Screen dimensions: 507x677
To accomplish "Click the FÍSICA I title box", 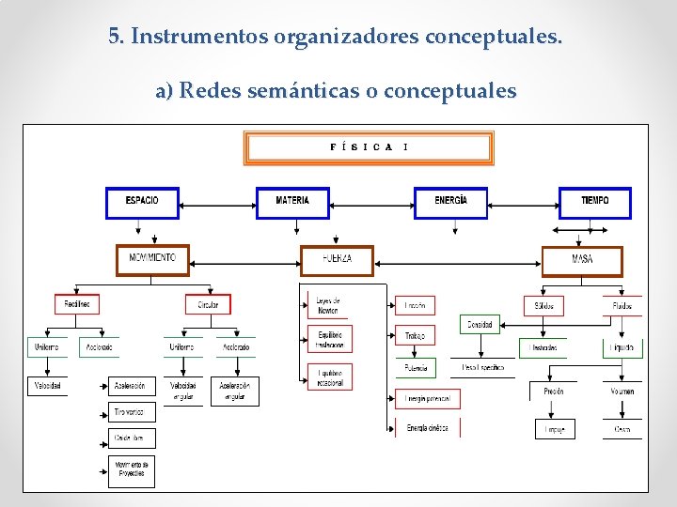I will pyautogui.click(x=369, y=148).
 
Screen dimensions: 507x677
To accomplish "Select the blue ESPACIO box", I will pyautogui.click(x=142, y=202).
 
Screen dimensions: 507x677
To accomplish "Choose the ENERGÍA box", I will pyautogui.click(x=450, y=202).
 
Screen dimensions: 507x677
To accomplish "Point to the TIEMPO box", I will pyautogui.click(x=594, y=202).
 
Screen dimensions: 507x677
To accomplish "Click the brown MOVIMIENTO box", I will pyautogui.click(x=152, y=259).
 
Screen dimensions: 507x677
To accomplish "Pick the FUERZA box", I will pyautogui.click(x=337, y=259).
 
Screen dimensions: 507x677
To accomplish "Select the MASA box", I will pyautogui.click(x=582, y=260).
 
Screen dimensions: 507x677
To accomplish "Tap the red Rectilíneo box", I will pyautogui.click(x=76, y=304).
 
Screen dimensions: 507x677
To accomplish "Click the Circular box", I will pyautogui.click(x=208, y=304).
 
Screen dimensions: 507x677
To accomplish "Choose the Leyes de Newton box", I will pyautogui.click(x=329, y=305).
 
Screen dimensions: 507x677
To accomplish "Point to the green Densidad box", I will pyautogui.click(x=480, y=325).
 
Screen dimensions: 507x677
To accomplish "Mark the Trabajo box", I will pyautogui.click(x=415, y=335).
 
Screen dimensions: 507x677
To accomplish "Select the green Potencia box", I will pyautogui.click(x=415, y=367).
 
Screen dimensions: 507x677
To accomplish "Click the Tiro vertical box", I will pyautogui.click(x=131, y=412).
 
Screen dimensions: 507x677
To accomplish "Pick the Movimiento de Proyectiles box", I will pyautogui.click(x=131, y=469).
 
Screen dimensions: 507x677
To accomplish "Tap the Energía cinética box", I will pyautogui.click(x=427, y=428).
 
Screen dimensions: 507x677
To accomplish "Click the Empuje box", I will pyautogui.click(x=554, y=429).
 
